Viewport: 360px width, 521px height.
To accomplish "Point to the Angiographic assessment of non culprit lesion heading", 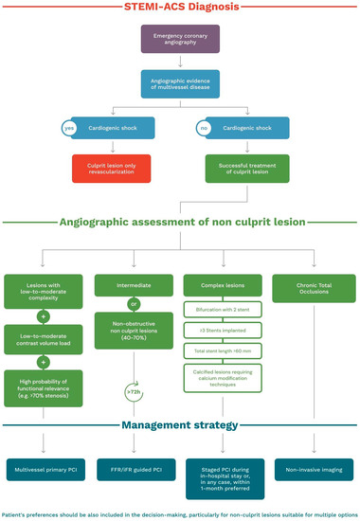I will (180, 223).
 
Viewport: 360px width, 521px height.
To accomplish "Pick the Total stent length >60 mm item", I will (225, 351).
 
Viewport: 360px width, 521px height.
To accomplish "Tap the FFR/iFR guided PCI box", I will (135, 469).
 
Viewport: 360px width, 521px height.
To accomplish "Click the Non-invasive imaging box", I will (314, 469).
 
